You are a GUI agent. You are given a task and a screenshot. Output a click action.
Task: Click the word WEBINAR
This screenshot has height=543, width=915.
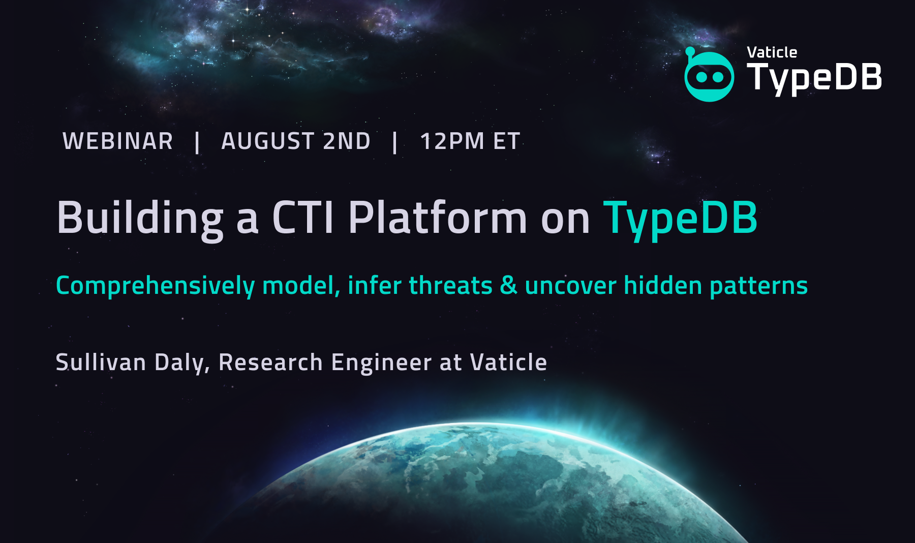click(117, 141)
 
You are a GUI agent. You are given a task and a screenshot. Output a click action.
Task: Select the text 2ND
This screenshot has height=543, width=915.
click(347, 141)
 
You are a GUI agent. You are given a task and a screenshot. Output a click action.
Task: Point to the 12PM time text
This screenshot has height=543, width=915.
click(452, 141)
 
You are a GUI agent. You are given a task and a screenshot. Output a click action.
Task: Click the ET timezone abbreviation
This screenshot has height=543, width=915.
click(507, 141)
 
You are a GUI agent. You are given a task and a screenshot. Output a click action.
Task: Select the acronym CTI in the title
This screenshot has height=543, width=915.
click(303, 218)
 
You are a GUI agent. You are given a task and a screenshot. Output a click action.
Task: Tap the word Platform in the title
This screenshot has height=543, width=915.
click(438, 217)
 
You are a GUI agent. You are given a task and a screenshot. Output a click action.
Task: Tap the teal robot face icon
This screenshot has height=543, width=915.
click(709, 76)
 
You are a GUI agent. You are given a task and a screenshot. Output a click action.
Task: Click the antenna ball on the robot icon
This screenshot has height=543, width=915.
click(690, 51)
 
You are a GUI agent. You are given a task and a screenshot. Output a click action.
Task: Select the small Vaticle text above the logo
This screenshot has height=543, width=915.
click(772, 52)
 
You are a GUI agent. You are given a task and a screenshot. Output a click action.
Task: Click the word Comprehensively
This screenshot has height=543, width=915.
click(155, 286)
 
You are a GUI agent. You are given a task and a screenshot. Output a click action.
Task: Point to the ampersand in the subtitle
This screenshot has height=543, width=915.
click(508, 285)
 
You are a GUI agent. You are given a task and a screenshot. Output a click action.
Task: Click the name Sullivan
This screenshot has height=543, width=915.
click(101, 362)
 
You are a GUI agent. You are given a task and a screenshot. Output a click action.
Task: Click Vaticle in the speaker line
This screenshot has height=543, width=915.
click(508, 362)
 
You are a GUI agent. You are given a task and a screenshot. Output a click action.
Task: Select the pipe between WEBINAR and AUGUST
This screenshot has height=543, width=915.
click(197, 142)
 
